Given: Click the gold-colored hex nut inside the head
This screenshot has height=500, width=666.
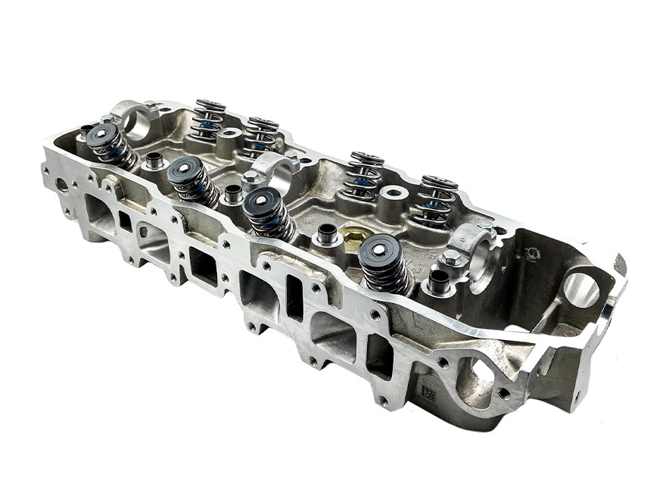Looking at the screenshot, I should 352,236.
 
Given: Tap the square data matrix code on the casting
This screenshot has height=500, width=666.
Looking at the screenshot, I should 428,394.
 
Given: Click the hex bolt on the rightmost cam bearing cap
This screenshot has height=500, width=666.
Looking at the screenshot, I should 452,258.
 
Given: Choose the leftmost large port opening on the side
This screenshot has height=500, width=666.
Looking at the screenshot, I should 101,214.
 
